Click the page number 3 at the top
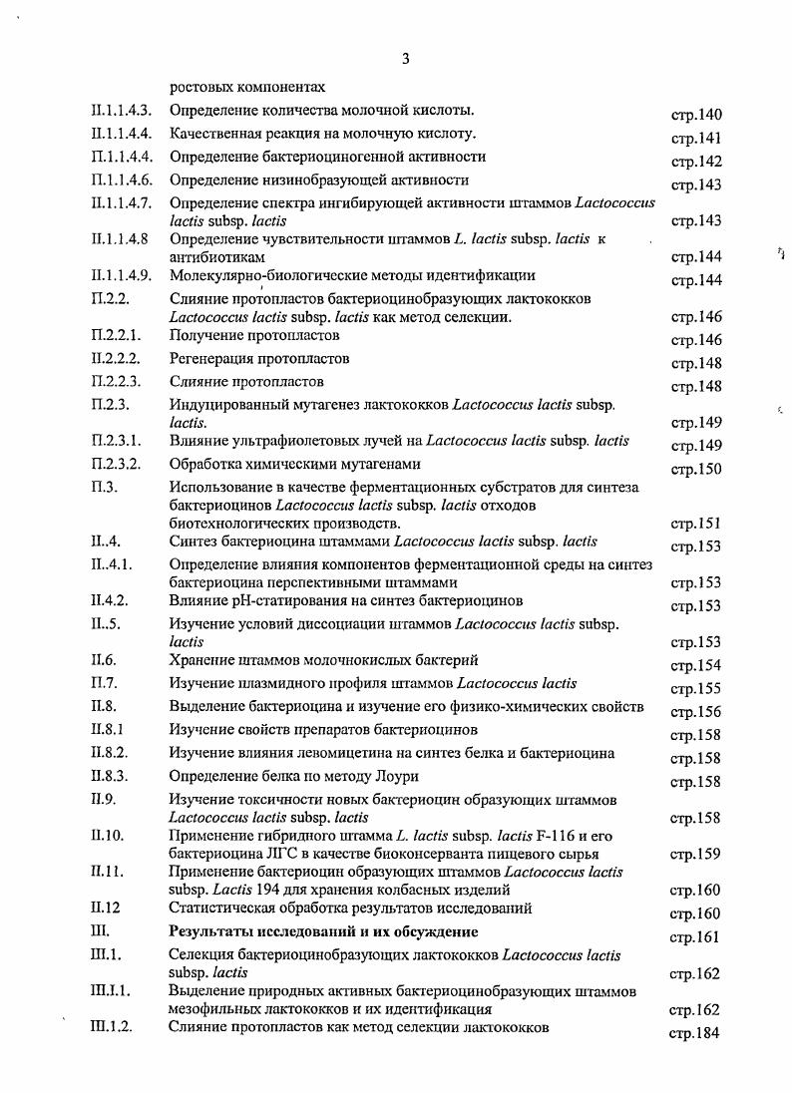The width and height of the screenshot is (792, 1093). click(x=405, y=59)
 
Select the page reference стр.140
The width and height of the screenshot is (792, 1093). click(x=695, y=115)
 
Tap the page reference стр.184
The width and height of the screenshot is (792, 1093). click(x=693, y=1033)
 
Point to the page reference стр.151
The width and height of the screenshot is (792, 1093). click(x=695, y=524)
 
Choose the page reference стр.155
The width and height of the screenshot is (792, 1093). click(x=695, y=688)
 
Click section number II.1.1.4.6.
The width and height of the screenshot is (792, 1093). click(x=121, y=181)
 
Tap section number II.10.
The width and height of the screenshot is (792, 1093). click(x=107, y=835)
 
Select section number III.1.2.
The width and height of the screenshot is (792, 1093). click(x=111, y=1027)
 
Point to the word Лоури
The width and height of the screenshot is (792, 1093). click(x=397, y=776)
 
